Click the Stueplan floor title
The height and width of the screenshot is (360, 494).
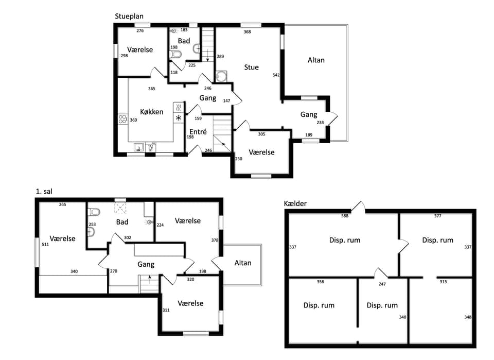pos(129,16)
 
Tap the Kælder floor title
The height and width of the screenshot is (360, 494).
pos(295,203)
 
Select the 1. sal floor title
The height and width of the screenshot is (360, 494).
pos(44,192)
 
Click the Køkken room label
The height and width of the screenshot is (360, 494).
pos(151,112)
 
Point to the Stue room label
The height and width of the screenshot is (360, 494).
pos(252,67)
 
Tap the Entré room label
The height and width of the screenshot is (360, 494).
pos(198,132)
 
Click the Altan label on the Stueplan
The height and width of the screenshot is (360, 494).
pos(316,60)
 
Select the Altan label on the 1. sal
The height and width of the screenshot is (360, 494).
pos(243,263)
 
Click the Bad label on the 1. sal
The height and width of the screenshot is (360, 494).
pos(122,222)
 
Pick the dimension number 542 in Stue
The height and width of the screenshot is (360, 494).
pos(276,75)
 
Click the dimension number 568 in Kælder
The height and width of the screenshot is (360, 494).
pos(345,216)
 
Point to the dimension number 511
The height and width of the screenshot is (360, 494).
pos(45,244)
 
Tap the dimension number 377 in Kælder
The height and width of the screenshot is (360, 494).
pos(437,216)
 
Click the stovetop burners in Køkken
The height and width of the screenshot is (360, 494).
pos(122,119)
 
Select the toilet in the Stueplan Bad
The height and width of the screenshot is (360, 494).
pos(175,55)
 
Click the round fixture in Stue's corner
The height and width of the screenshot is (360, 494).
pos(221,77)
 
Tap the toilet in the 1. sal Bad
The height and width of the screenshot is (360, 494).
pos(94,212)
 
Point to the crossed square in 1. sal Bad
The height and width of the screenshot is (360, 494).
pos(120,209)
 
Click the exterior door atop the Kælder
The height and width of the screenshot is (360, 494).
pos(358,207)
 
